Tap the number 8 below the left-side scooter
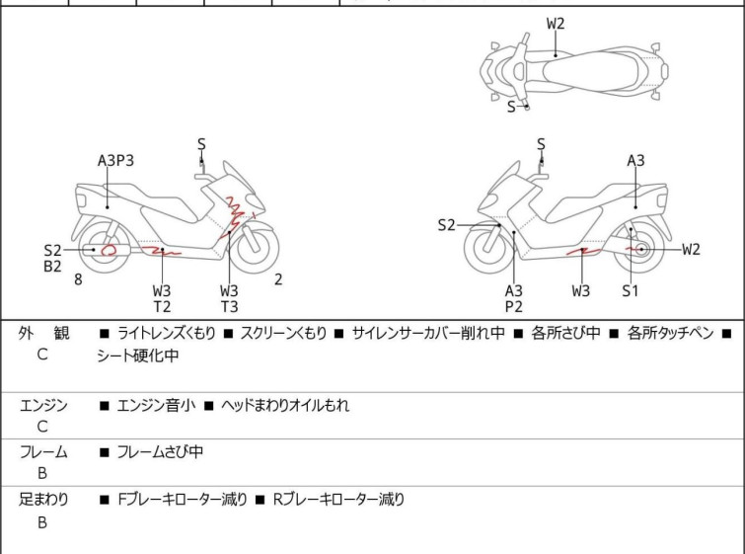click(78, 279)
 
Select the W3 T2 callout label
click(161, 298)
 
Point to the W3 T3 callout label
click(229, 298)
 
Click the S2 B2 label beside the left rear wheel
click(52, 258)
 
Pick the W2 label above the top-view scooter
click(557, 22)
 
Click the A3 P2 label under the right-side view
click(513, 298)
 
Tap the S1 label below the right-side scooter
click(631, 290)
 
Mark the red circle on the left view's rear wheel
click(109, 250)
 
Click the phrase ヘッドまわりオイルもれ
click(284, 405)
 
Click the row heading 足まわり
click(43, 500)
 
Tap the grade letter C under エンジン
click(42, 427)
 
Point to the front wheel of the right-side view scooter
click(490, 251)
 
